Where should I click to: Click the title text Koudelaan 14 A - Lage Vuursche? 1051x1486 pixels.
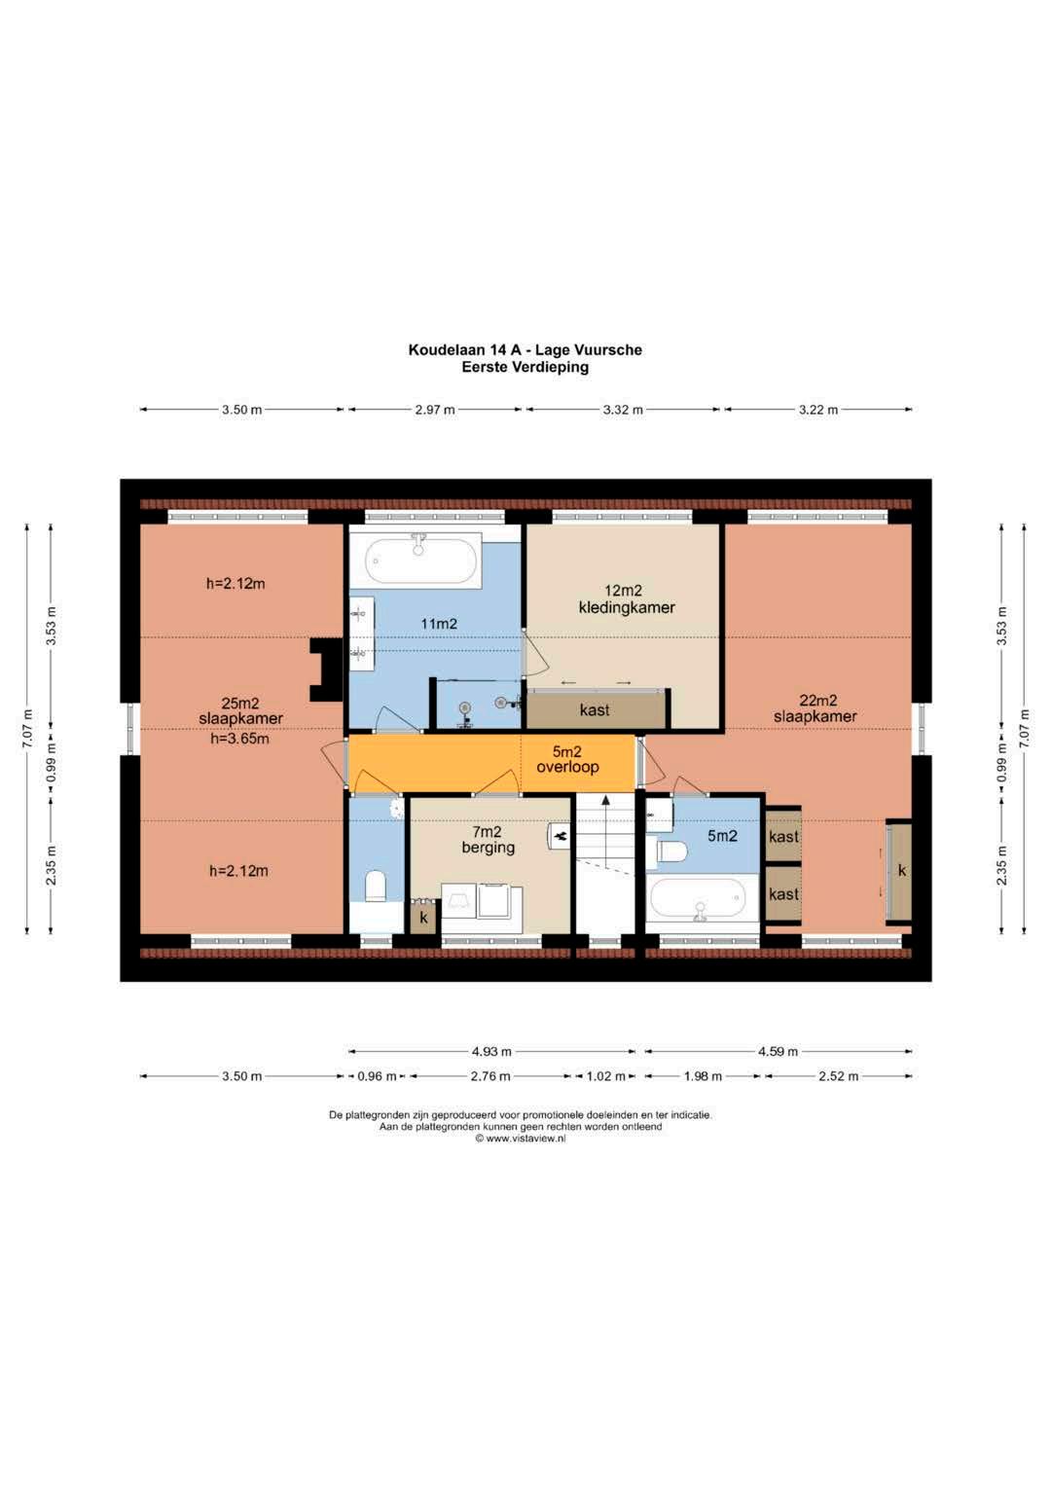click(525, 349)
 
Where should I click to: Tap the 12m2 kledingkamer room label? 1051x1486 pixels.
click(627, 598)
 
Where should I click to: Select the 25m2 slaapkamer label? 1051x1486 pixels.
click(241, 710)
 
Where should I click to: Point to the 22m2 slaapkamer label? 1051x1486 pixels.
click(815, 707)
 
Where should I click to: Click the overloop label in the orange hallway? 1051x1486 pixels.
click(567, 767)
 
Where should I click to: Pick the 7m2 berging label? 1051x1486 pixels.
click(489, 839)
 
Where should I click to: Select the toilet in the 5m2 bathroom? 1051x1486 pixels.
click(668, 852)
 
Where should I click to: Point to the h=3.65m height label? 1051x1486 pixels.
click(239, 739)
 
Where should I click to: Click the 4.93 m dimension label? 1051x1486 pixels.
click(491, 1051)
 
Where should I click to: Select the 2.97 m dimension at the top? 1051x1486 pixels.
click(435, 410)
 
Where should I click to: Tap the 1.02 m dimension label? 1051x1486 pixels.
click(605, 1076)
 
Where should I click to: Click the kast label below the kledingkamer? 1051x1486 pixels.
click(595, 710)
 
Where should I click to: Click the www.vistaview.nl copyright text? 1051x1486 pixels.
click(521, 1139)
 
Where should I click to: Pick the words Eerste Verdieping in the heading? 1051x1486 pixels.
click(525, 367)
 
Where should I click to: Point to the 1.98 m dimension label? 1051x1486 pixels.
click(702, 1076)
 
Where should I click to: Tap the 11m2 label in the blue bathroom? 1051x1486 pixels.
click(439, 624)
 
